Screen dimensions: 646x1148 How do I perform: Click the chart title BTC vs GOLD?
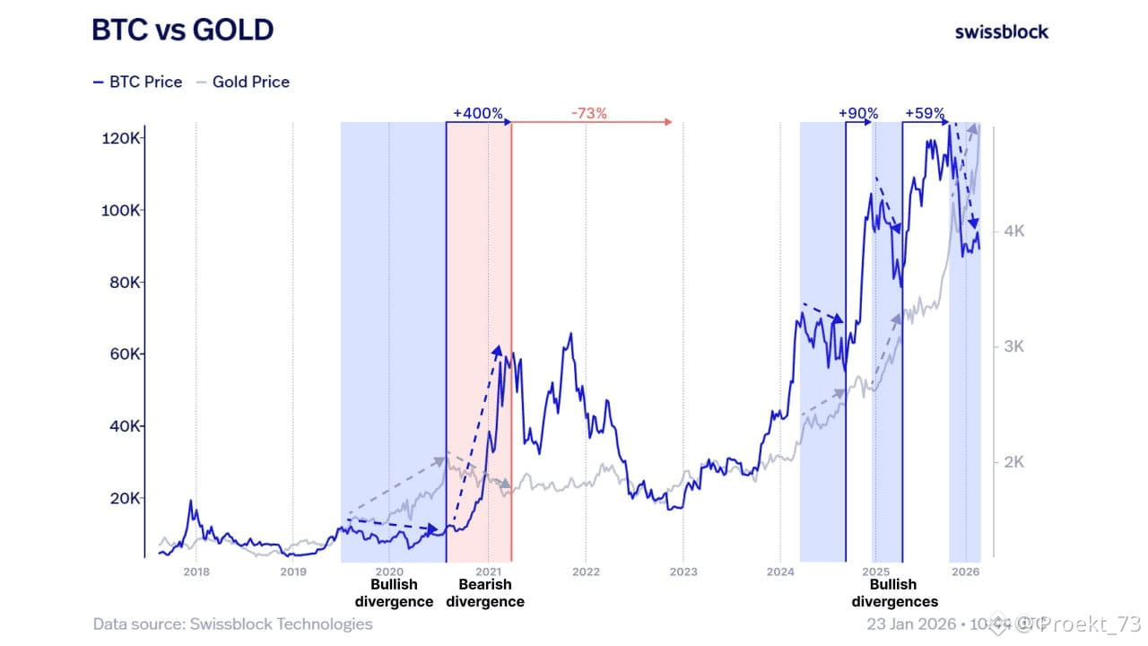(x=182, y=31)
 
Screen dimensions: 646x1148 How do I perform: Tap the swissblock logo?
(x=1001, y=31)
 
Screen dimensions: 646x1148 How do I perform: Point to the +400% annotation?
(x=477, y=114)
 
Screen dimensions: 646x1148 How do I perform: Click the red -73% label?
(x=588, y=114)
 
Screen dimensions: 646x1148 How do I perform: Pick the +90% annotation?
(x=857, y=114)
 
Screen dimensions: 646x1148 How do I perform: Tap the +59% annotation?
(x=925, y=114)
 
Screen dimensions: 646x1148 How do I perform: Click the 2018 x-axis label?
(x=196, y=571)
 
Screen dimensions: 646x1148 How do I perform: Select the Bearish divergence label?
(x=485, y=593)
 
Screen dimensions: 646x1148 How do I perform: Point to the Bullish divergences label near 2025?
(x=893, y=593)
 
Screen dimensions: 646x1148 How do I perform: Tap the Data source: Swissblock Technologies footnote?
(x=232, y=624)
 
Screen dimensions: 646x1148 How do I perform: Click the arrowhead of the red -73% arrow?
(x=668, y=122)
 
